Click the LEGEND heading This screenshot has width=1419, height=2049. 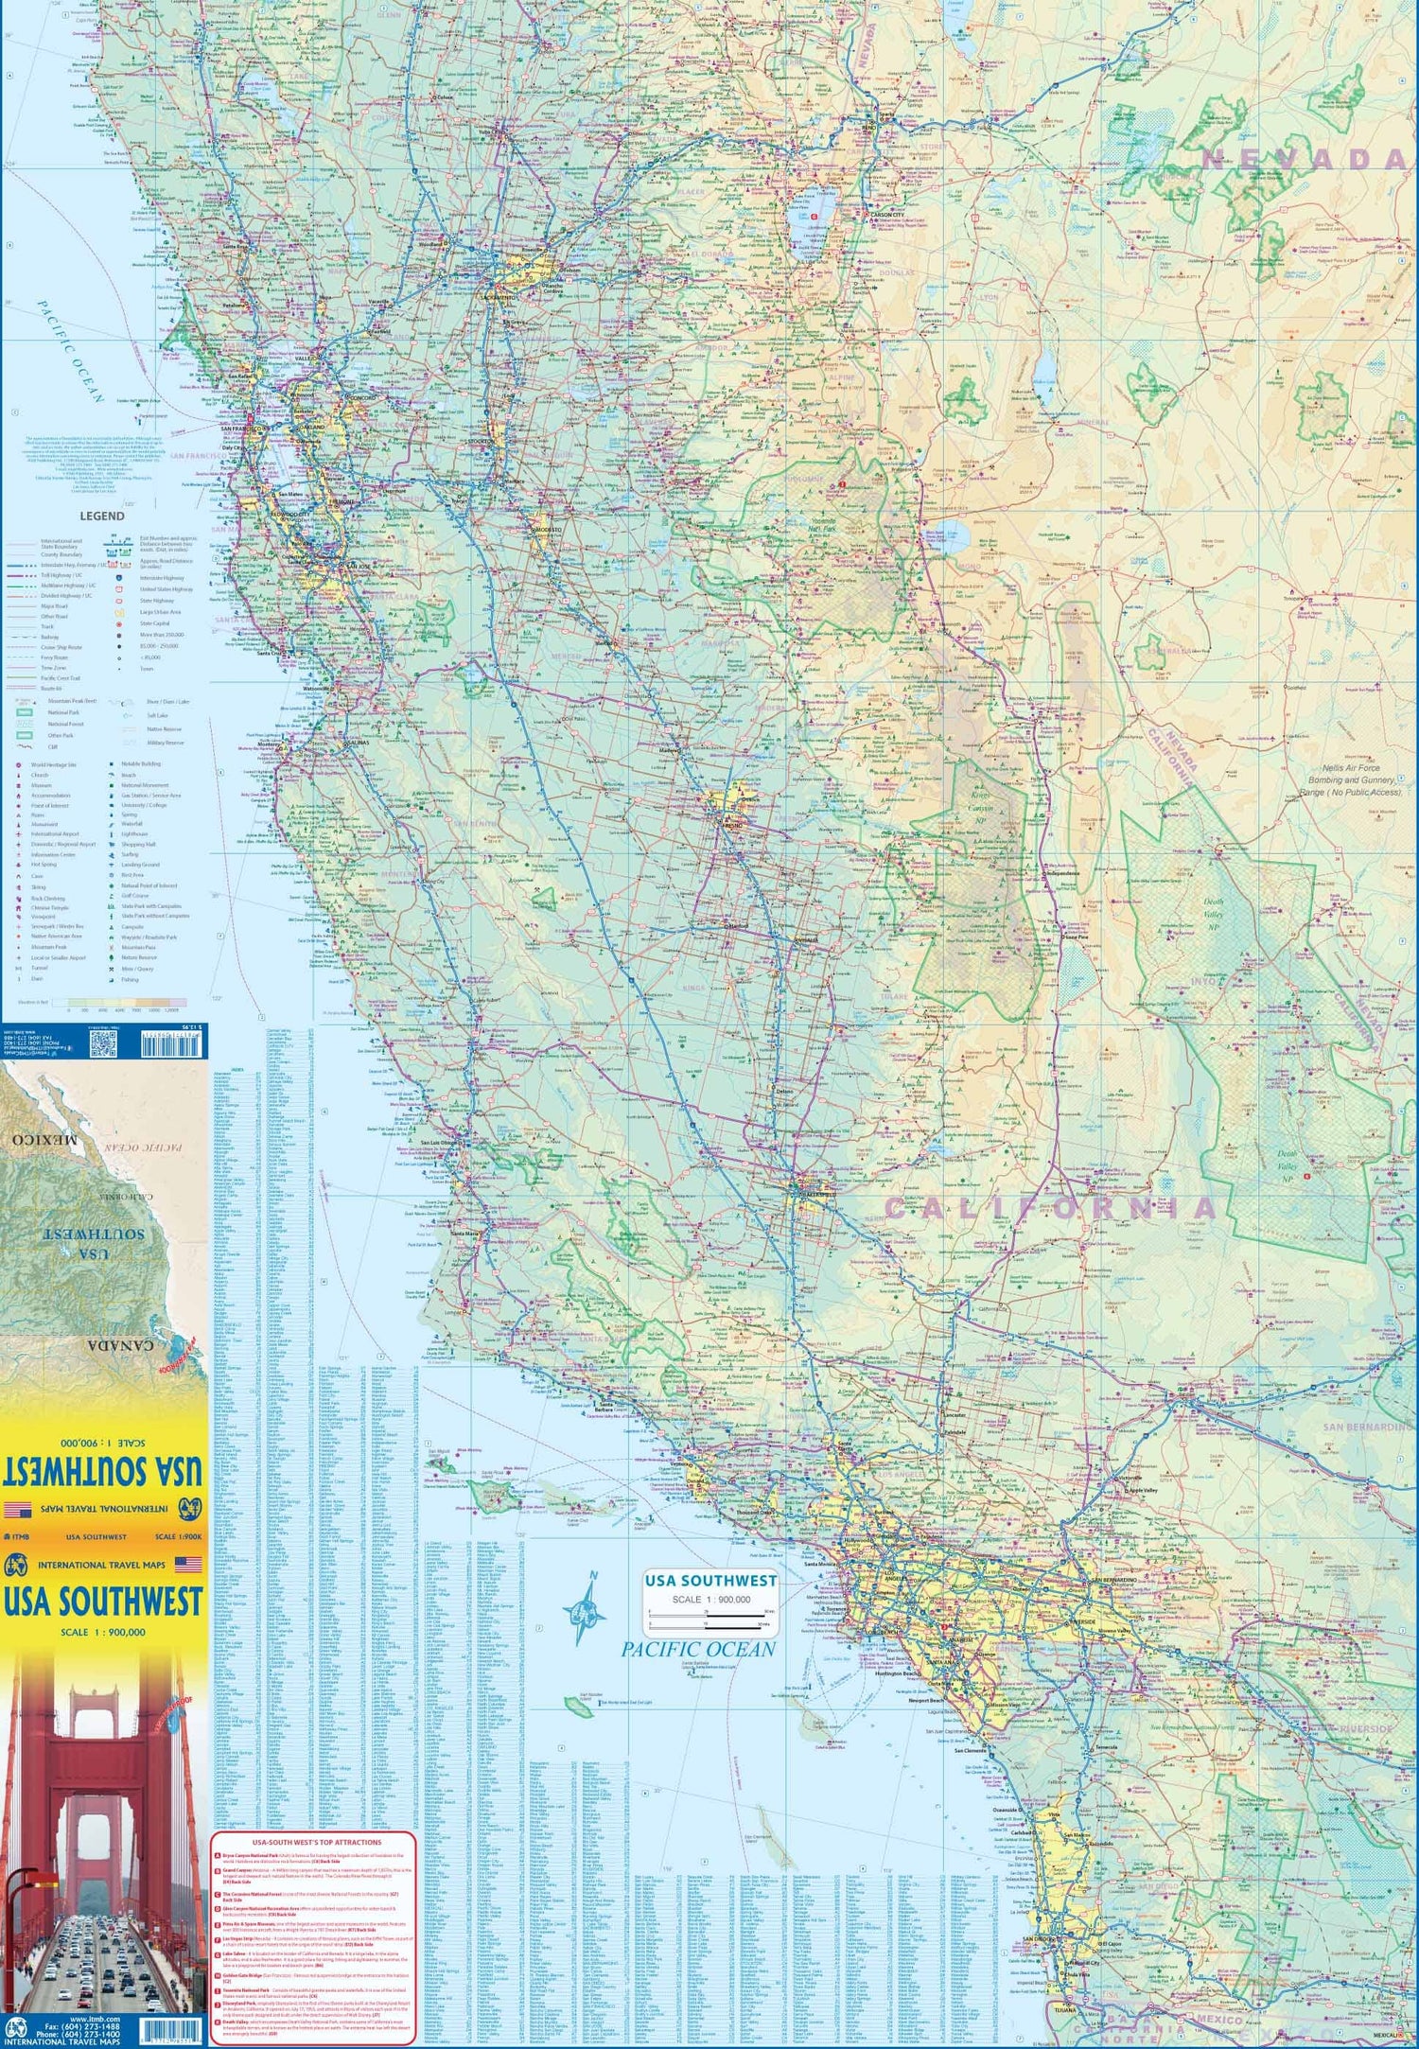click(x=101, y=517)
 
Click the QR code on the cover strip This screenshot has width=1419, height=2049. click(x=102, y=1044)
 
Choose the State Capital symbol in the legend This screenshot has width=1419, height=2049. click(x=119, y=624)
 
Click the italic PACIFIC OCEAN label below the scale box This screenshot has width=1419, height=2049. click(x=697, y=1650)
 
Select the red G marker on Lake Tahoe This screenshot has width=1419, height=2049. click(x=814, y=217)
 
